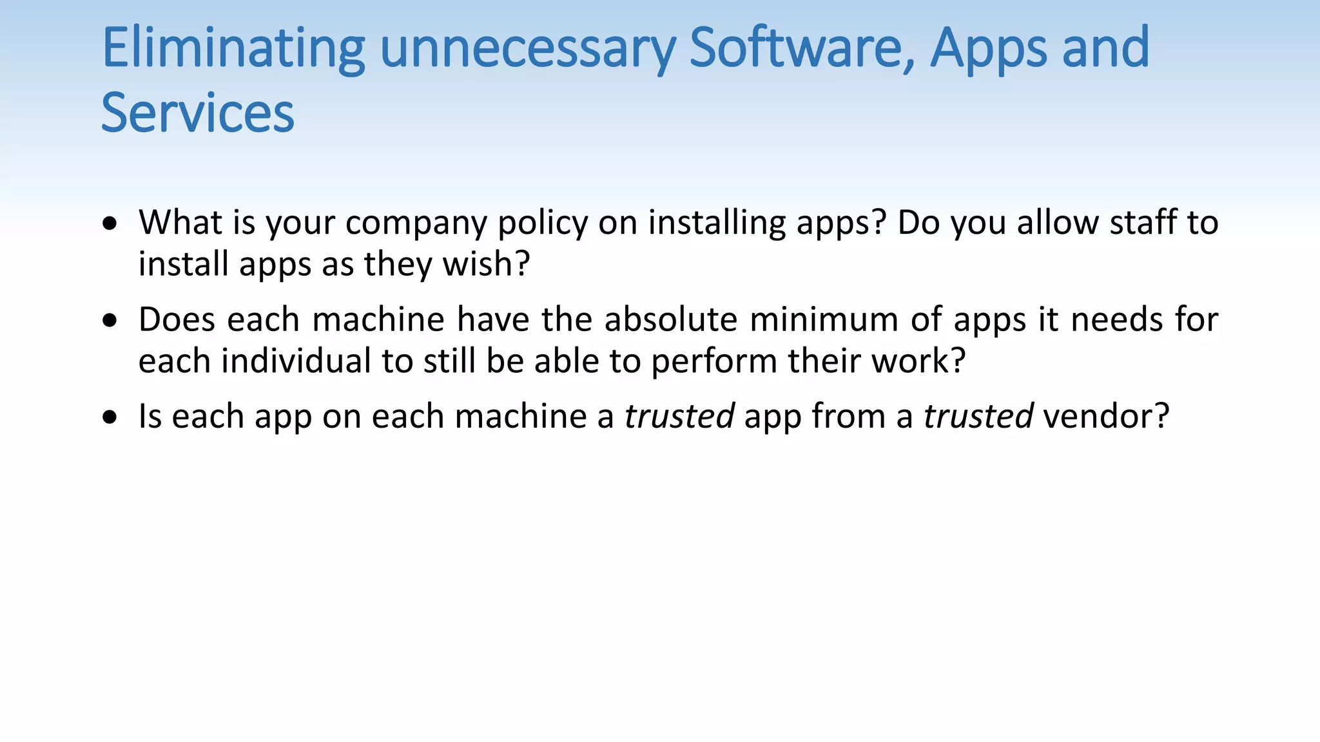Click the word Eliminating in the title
point(233,48)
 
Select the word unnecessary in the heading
point(528,48)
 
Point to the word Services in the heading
point(198,113)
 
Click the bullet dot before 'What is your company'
point(110,224)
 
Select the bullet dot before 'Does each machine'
point(110,320)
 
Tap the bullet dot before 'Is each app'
point(110,417)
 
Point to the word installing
point(717,224)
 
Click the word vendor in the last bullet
point(1105,416)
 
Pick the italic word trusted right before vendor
point(978,416)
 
